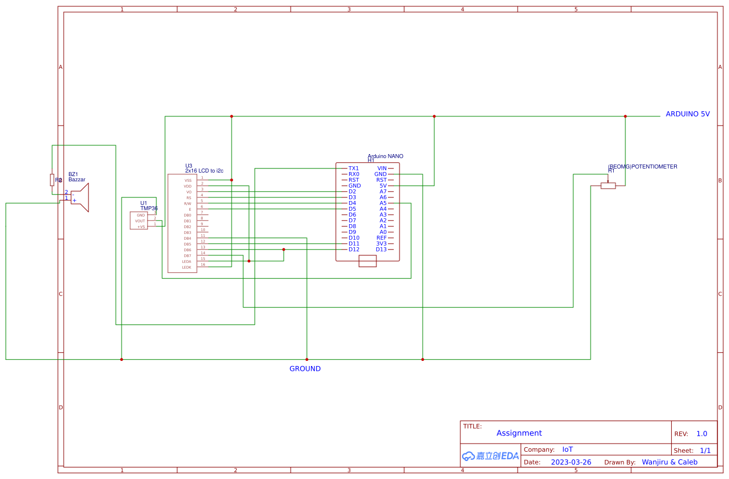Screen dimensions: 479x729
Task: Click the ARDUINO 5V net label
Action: [x=687, y=114]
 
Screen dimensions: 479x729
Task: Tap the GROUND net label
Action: [x=305, y=369]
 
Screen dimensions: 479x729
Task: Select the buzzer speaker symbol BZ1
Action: [x=80, y=198]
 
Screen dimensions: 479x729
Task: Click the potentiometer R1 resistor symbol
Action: [x=608, y=186]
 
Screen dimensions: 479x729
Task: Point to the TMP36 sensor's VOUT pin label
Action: [x=140, y=221]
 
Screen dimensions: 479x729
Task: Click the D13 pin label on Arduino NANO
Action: [x=381, y=250]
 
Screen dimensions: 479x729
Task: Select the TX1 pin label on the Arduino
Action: [x=353, y=169]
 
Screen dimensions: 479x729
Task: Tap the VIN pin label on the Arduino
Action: [x=382, y=169]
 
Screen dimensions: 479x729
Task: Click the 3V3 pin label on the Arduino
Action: [x=381, y=244]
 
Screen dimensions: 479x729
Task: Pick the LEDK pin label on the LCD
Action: [x=186, y=267]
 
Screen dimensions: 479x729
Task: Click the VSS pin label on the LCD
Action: [x=188, y=180]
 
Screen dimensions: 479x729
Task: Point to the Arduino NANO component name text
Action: [x=386, y=156]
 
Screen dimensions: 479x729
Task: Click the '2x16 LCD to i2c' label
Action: [x=204, y=171]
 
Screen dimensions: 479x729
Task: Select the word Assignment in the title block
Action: [x=519, y=433]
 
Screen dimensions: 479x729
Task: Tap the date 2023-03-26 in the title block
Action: [x=571, y=462]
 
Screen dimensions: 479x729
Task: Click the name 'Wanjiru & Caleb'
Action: [x=669, y=462]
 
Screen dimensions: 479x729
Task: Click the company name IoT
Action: [x=567, y=449]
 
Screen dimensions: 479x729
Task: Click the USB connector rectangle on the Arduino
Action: [x=368, y=261]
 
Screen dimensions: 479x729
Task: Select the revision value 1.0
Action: [x=701, y=434]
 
